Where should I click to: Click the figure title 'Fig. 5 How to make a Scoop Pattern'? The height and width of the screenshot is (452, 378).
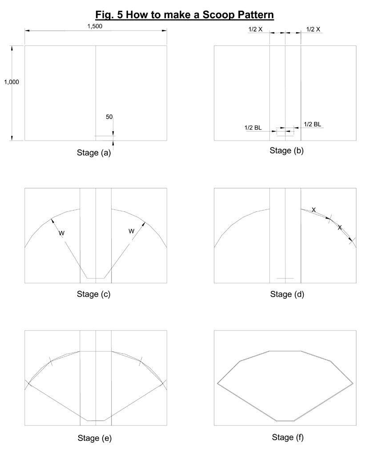185,14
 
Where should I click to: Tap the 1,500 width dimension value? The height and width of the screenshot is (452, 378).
95,26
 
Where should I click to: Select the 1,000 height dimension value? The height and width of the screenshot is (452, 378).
12,82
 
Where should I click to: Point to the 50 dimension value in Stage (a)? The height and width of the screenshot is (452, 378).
109,117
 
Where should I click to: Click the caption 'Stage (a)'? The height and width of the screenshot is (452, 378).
94,153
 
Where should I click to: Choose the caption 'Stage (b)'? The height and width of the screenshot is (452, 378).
287,150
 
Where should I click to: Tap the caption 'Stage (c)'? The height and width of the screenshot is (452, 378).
94,294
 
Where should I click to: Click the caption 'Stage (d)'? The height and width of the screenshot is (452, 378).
287,294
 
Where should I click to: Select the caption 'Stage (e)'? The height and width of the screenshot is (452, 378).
94,438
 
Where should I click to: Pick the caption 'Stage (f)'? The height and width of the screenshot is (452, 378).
288,437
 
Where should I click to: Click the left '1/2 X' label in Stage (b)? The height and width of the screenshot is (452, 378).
256,29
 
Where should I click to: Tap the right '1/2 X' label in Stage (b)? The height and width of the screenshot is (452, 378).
313,29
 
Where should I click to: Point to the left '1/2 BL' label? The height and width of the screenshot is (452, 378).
253,128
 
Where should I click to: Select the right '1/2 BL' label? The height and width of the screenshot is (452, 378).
313,124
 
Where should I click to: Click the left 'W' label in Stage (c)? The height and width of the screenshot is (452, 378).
62,233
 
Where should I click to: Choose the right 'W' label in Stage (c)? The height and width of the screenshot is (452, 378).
131,231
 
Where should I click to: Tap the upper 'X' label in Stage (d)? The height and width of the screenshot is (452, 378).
314,210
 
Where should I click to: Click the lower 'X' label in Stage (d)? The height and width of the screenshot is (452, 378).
340,227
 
